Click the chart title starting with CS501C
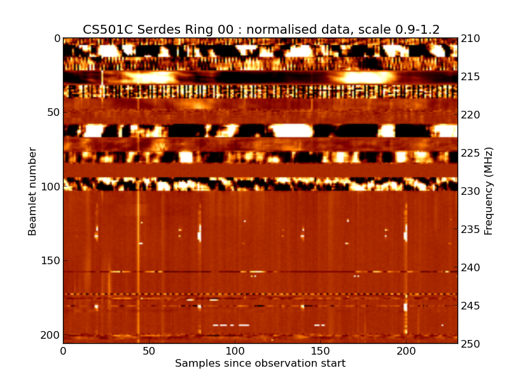pyautogui.click(x=261, y=29)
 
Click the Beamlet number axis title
pyautogui.click(x=32, y=191)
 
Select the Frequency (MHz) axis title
pyautogui.click(x=489, y=191)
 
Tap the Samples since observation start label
pyautogui.click(x=260, y=364)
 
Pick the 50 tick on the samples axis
pyautogui.click(x=149, y=351)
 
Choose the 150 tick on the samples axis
pyautogui.click(x=320, y=351)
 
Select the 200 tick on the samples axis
pyautogui.click(x=406, y=351)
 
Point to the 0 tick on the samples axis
pyautogui.click(x=63, y=351)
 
